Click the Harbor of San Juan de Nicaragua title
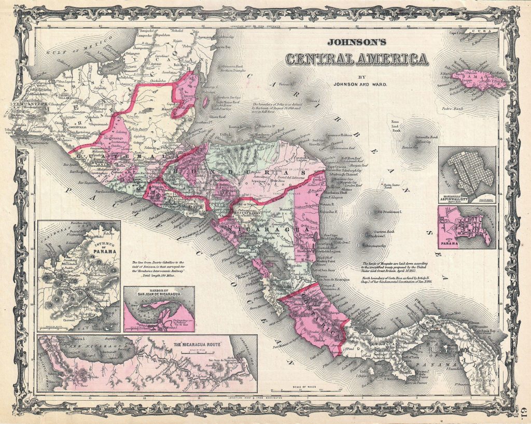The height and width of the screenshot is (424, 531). (159, 292)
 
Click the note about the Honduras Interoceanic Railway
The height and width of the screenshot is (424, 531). (161, 267)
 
